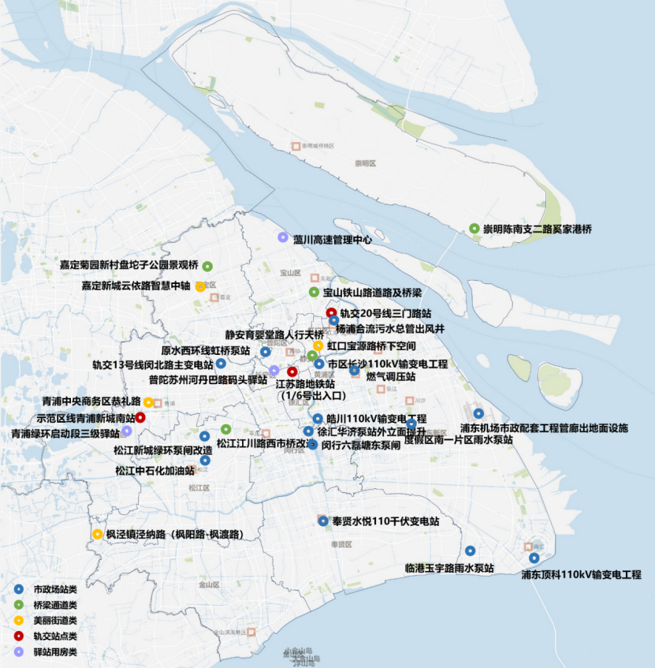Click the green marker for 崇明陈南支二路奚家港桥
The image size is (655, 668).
pyautogui.click(x=474, y=229)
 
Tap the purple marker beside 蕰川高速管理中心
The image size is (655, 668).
pyautogui.click(x=282, y=237)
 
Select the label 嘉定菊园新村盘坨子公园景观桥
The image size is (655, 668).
pyautogui.click(x=128, y=265)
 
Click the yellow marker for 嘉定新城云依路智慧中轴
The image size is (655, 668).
pyautogui.click(x=200, y=285)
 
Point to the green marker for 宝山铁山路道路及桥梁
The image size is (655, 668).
pyautogui.click(x=313, y=293)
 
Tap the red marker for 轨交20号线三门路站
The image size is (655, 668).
pyautogui.click(x=331, y=312)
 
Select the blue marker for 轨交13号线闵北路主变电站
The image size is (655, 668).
pyautogui.click(x=221, y=364)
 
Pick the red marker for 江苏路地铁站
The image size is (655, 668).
pyautogui.click(x=292, y=371)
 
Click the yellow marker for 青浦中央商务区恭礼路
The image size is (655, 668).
pyautogui.click(x=148, y=401)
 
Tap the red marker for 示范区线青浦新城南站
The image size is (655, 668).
pyautogui.click(x=140, y=417)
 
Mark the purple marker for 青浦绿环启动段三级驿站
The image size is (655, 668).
pyautogui.click(x=126, y=431)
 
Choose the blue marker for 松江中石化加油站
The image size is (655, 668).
pyautogui.click(x=205, y=461)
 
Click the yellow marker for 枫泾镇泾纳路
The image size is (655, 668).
pyautogui.click(x=97, y=534)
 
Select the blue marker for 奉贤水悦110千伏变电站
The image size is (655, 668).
pyautogui.click(x=322, y=521)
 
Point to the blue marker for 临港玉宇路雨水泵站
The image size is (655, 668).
pyautogui.click(x=470, y=551)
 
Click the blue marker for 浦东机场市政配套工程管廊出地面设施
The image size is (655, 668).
pyautogui.click(x=478, y=413)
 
